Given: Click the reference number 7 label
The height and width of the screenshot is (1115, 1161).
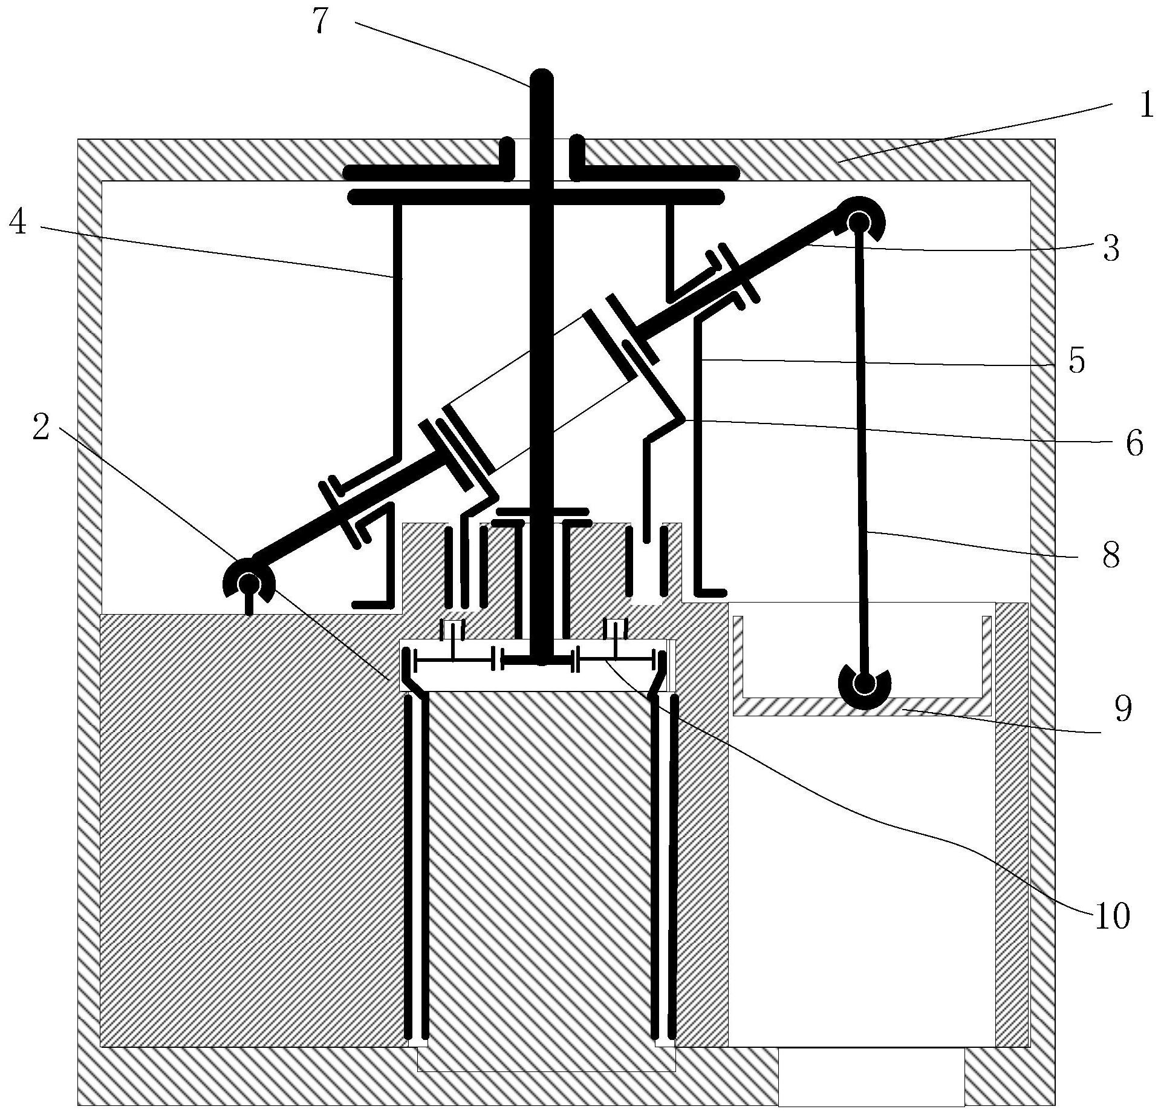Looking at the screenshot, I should [x=321, y=22].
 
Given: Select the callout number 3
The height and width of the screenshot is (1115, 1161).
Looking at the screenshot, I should [x=1111, y=249].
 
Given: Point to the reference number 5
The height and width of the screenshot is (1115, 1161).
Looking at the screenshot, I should [x=1076, y=362].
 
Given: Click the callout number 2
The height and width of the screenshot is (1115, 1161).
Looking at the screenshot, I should [x=41, y=428].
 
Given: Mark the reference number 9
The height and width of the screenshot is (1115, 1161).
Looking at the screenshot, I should [x=1122, y=708].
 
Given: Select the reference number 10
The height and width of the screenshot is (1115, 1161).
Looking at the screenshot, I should [x=1111, y=917].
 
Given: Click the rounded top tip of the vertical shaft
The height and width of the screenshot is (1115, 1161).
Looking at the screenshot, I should [x=541, y=79].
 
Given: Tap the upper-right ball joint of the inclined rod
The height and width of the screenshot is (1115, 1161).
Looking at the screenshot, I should [x=857, y=223].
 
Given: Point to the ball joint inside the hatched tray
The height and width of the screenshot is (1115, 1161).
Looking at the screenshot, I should [x=865, y=684].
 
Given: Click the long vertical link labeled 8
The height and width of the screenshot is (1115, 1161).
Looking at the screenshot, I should [x=861, y=454].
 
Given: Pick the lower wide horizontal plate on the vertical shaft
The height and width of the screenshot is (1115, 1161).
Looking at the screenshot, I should [x=536, y=196].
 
